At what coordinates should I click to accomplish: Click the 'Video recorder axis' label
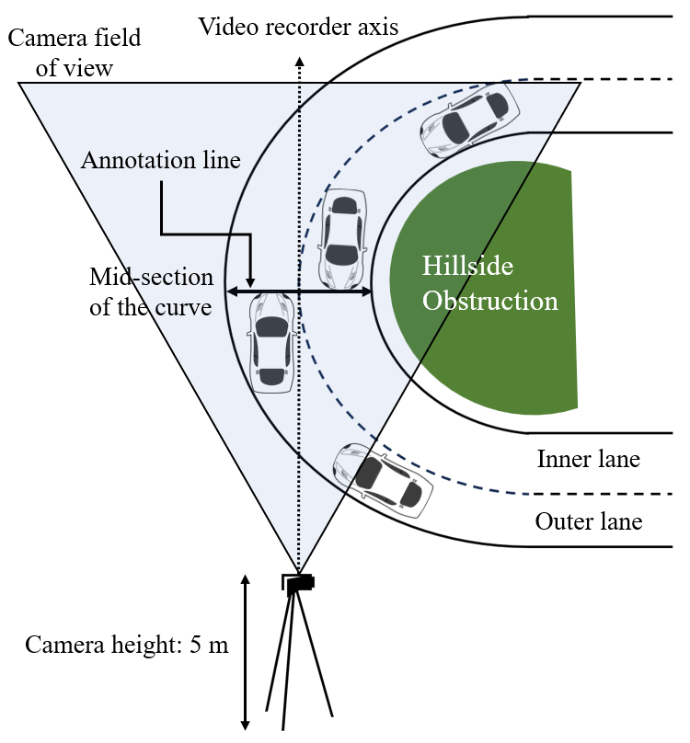[x=299, y=26]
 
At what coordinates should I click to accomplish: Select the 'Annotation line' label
[x=161, y=160]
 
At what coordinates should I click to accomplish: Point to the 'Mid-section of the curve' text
[x=151, y=291]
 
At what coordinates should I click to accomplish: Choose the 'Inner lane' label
[x=588, y=458]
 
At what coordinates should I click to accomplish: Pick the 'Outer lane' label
[x=588, y=522]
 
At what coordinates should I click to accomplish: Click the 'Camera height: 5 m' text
[x=127, y=644]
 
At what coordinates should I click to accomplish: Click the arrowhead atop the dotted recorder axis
[x=298, y=60]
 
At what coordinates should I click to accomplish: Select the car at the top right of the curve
[x=469, y=117]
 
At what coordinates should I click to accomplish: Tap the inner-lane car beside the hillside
[x=342, y=237]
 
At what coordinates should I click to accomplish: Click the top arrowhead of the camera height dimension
[x=246, y=579]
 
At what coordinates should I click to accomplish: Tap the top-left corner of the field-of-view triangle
[x=20, y=84]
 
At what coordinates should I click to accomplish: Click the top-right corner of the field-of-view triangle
[x=580, y=84]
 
